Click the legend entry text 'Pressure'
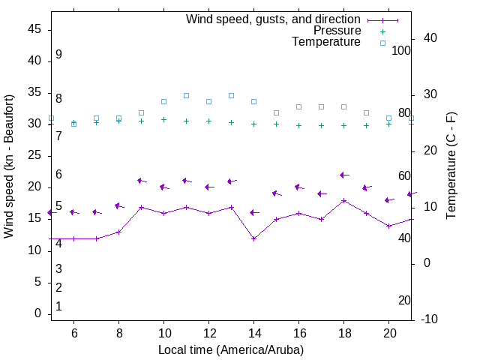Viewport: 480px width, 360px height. pyautogui.click(x=337, y=31)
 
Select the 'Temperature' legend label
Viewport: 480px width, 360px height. pyautogui.click(x=326, y=42)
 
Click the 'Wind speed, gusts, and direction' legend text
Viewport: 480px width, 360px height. pyautogui.click(x=273, y=19)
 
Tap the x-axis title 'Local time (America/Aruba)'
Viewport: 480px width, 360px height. pyautogui.click(x=231, y=349)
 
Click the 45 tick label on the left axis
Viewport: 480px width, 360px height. pyautogui.click(x=34, y=29)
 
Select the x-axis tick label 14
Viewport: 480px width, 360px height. pyautogui.click(x=253, y=332)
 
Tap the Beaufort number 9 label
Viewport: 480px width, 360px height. pyautogui.click(x=58, y=55)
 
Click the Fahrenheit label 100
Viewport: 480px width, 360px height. pyautogui.click(x=401, y=50)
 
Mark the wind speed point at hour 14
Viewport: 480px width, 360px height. pyautogui.click(x=254, y=238)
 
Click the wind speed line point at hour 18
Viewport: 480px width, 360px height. pyautogui.click(x=343, y=200)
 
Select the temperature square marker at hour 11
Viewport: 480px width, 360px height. pyautogui.click(x=186, y=95)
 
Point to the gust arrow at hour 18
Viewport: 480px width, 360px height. pyautogui.click(x=343, y=175)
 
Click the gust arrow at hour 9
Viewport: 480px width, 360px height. pyautogui.click(x=141, y=181)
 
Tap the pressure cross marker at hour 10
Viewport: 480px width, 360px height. pyautogui.click(x=163, y=119)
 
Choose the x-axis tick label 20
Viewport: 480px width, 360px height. pyautogui.click(x=388, y=332)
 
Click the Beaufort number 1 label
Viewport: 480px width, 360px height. pyautogui.click(x=58, y=306)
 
